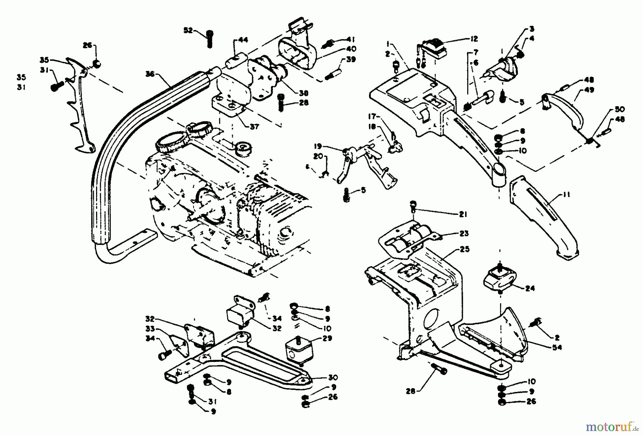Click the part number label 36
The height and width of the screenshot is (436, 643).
(150, 74)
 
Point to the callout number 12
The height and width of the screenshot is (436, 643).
(474, 39)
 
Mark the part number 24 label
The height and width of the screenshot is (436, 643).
(530, 288)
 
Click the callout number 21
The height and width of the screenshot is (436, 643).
(463, 214)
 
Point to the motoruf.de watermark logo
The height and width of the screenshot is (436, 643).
(609, 426)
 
